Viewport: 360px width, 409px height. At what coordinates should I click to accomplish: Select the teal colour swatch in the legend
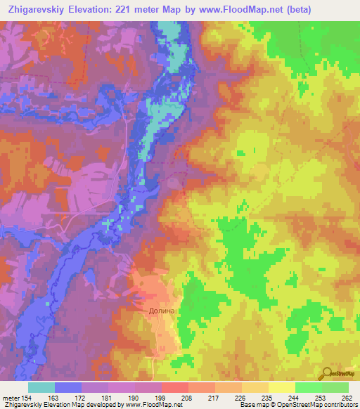[x=41, y=387]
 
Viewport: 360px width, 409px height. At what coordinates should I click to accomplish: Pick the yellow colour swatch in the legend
[x=282, y=387]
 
